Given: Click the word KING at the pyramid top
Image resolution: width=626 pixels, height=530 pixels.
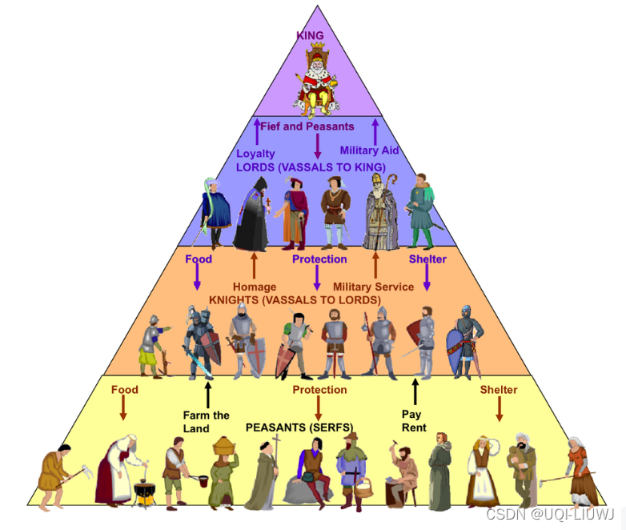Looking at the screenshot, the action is tap(310, 36).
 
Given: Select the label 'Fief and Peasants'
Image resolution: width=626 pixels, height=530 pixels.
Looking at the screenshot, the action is tap(307, 126).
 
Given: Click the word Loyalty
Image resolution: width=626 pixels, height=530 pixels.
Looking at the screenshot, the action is tap(255, 153).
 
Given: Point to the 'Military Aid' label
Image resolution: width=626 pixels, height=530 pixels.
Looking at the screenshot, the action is tap(369, 150).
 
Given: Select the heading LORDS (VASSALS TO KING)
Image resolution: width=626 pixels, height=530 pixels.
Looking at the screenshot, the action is tap(311, 167).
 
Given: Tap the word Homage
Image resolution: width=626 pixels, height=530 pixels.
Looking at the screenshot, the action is tap(255, 287).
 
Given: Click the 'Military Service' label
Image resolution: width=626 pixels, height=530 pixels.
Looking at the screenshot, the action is tap(373, 287).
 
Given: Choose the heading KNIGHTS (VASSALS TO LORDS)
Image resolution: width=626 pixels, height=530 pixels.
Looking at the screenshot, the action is tap(295, 299).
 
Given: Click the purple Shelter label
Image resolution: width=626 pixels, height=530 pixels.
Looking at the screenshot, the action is tap(427, 259).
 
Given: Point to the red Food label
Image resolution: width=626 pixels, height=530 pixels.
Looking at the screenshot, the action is tap(124, 390).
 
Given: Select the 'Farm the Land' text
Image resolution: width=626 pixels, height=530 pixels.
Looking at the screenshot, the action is tap(206, 421).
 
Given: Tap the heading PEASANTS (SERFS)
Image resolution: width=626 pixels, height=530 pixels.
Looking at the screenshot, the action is tap(299, 427).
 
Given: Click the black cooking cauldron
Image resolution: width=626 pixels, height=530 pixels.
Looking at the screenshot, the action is tap(145, 491).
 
